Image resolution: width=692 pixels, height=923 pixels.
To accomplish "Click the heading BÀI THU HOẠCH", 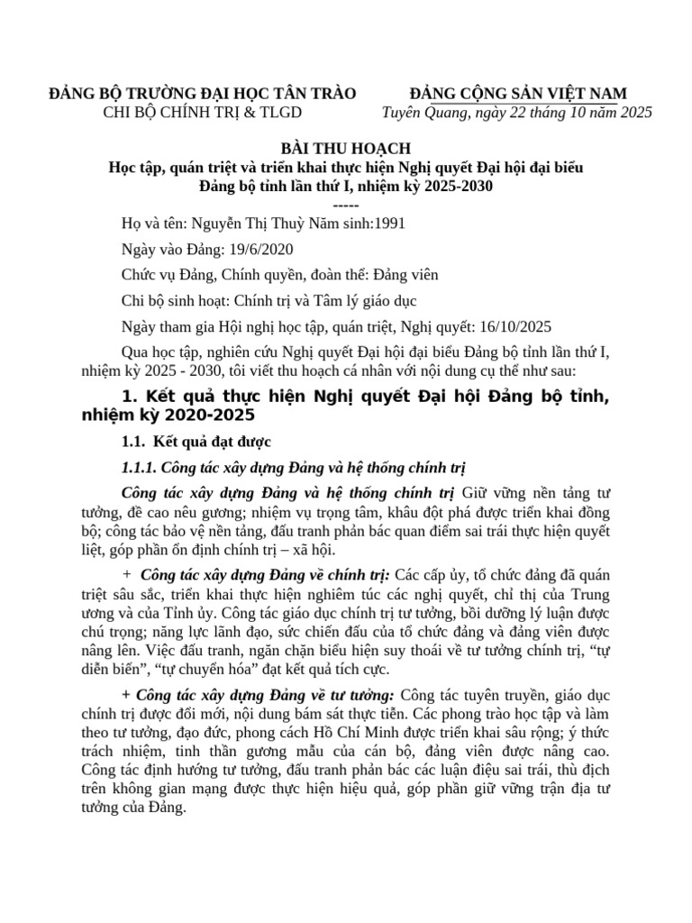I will tap(346, 148).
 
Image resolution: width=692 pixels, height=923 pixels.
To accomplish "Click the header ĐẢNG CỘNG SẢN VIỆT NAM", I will tap(518, 94).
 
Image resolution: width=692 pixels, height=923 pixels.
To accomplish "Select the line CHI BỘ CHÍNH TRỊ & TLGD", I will tap(204, 112).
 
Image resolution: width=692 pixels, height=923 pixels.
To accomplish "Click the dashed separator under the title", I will tap(346, 203).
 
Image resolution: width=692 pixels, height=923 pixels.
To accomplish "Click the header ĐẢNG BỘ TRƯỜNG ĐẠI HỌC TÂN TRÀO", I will tap(204, 94).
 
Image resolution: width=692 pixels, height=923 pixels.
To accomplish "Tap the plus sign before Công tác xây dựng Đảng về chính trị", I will tap(126, 574).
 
